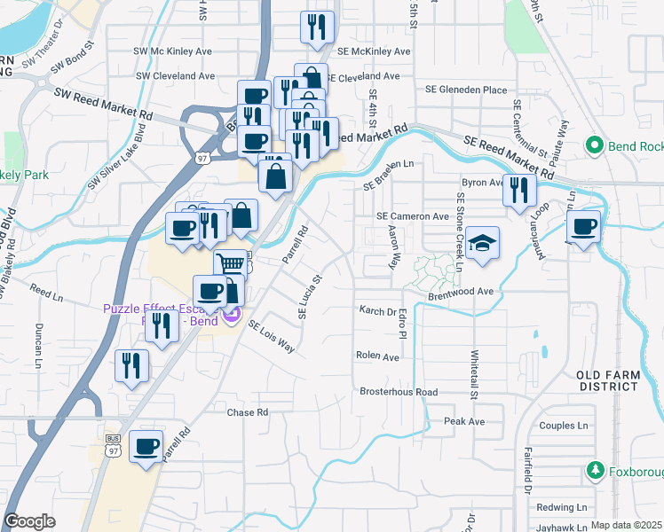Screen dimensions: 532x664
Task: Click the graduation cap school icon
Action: (481, 243)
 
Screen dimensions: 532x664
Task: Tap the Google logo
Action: (30, 521)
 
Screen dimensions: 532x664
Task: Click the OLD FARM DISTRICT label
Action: (608, 380)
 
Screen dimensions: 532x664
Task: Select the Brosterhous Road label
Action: (399, 392)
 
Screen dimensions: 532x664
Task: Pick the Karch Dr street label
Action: (377, 311)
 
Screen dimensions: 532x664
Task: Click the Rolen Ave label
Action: (377, 357)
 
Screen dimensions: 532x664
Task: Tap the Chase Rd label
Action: (247, 412)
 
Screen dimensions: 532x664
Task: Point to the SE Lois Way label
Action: (272, 337)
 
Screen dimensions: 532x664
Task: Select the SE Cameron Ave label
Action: (412, 216)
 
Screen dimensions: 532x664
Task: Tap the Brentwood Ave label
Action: (461, 291)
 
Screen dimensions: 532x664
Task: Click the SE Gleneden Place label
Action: (466, 90)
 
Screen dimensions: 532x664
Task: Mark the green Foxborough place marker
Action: (598, 471)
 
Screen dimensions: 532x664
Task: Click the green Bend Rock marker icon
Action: (595, 145)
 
